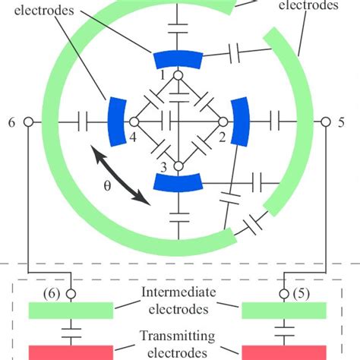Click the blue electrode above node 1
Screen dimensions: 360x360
[x=177, y=58]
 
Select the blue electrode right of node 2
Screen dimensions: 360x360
[x=240, y=121]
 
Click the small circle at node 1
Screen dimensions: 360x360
[x=177, y=76]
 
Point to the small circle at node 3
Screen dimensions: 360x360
[x=177, y=166]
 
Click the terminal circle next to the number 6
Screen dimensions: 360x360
[x=27, y=122]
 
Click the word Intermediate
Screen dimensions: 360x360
[x=176, y=293]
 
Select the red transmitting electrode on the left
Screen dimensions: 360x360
[x=71, y=352]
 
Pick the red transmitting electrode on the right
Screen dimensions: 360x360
[x=283, y=352]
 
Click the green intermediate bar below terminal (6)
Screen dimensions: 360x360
[x=71, y=310]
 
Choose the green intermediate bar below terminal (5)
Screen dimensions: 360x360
[x=283, y=310]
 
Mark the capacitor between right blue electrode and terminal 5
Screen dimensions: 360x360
[x=273, y=122]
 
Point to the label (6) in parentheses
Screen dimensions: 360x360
[x=52, y=294]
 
